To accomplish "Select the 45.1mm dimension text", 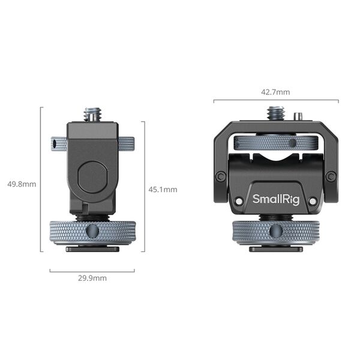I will (x=163, y=189).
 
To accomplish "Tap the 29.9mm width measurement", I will (x=92, y=278).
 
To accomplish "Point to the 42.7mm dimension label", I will (x=275, y=92).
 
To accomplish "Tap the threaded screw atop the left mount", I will (x=92, y=114).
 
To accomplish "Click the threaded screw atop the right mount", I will (x=275, y=113).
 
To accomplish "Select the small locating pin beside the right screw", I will (x=298, y=115).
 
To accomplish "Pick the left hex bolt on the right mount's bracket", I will (x=221, y=176).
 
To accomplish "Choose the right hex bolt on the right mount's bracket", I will (x=331, y=176).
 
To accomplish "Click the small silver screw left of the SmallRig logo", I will (x=239, y=202).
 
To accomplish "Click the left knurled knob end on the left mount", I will (x=58, y=144).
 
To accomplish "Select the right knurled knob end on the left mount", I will (x=126, y=144).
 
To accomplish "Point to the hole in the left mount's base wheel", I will (x=92, y=230).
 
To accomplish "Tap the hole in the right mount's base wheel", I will (x=275, y=230).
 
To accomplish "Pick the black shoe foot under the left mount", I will (x=92, y=248).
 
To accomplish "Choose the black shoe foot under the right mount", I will (x=275, y=248).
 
